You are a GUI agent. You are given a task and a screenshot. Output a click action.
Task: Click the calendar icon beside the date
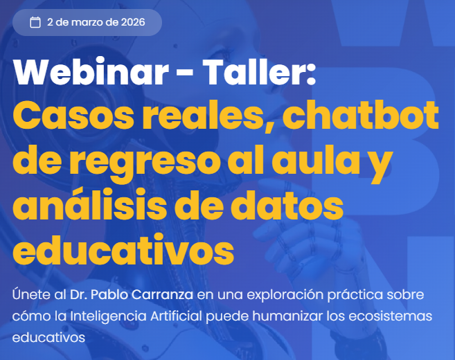(35, 22)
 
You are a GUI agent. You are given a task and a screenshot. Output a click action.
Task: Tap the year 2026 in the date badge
(132, 22)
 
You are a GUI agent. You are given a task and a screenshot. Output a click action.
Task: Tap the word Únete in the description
(31, 294)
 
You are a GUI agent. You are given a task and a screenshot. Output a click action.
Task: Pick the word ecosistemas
(397, 316)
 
